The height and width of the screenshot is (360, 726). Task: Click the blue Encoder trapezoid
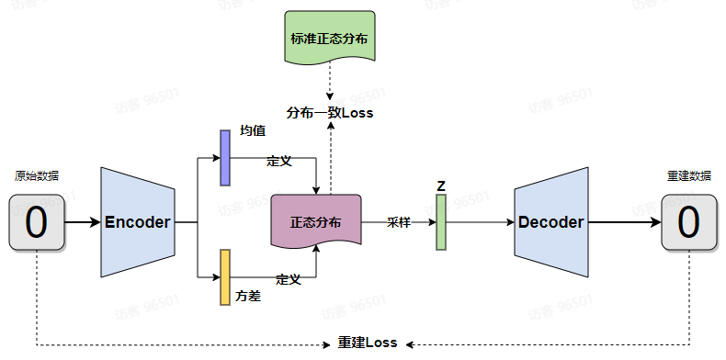point(137,222)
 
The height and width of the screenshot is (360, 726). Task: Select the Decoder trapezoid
point(550,222)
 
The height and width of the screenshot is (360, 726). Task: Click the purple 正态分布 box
point(315,222)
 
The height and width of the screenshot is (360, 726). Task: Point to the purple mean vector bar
point(225,157)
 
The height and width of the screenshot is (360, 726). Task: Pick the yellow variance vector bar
point(225,276)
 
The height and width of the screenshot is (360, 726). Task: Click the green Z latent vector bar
point(441,222)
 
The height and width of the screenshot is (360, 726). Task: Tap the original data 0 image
point(37,222)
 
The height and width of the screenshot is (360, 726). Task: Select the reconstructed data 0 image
point(688,222)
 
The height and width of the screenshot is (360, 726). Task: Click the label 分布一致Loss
point(329,113)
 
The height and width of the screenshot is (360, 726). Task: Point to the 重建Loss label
point(367,343)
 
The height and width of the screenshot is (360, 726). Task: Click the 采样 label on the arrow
point(398,222)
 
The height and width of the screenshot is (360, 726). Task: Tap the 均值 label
point(253,131)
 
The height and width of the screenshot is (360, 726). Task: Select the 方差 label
point(248,297)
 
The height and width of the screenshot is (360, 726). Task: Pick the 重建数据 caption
point(688,176)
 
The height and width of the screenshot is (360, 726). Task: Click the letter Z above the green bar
point(441,186)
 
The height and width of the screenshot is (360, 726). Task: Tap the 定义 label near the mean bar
point(278,161)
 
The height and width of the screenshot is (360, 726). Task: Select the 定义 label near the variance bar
point(289,278)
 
